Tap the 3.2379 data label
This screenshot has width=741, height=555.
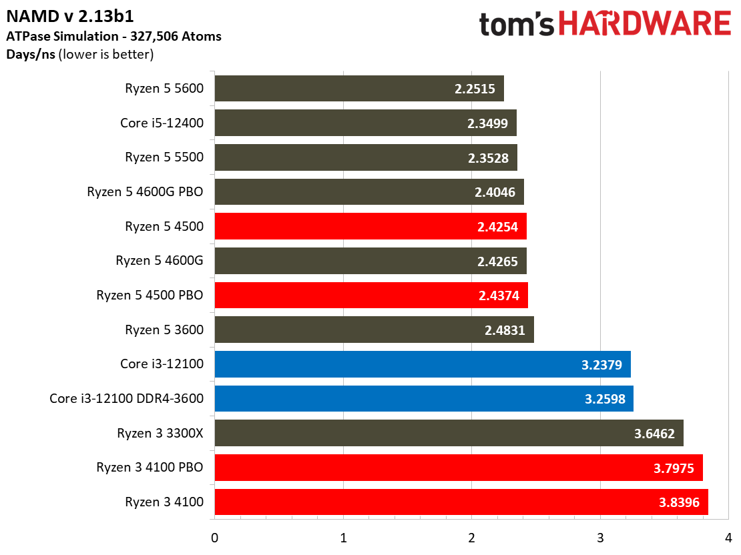coord(601,364)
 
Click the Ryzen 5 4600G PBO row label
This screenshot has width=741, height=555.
coord(145,191)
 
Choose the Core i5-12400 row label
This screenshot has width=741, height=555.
coord(162,123)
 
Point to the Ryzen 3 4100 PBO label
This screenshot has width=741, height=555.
coord(150,467)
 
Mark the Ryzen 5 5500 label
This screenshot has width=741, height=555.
coord(164,157)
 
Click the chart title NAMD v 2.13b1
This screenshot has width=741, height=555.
coord(74,15)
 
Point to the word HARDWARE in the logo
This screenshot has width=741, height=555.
coord(644,25)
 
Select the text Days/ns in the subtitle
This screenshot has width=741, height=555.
coord(31,54)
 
